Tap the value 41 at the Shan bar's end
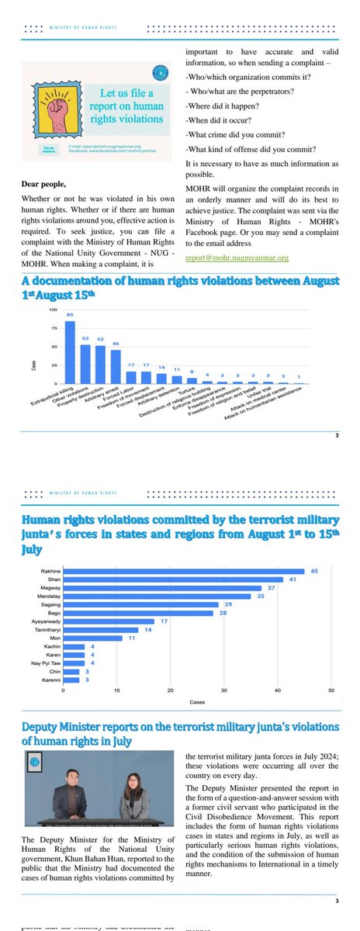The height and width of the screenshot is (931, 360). tap(292, 580)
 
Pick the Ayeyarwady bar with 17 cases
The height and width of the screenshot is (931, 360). tap(109, 621)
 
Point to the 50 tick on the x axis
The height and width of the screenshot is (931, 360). tap(331, 690)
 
